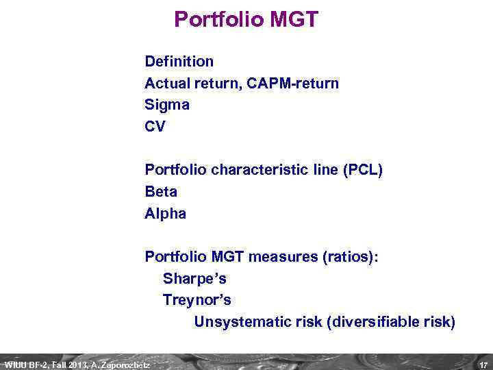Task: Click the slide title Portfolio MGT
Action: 246,19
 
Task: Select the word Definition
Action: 179,62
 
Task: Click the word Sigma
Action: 167,105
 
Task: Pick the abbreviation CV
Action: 155,127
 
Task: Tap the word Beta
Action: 161,192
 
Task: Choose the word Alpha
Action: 165,214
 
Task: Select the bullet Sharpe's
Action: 194,279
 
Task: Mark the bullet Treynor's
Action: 197,300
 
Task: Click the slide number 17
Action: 483,365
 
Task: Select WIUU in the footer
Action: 15,365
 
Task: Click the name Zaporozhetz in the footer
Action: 127,365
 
